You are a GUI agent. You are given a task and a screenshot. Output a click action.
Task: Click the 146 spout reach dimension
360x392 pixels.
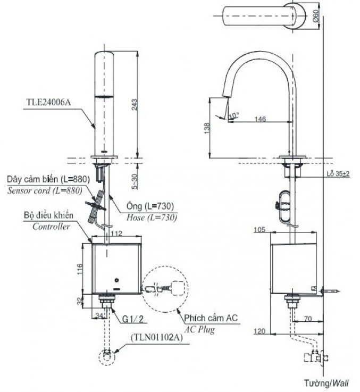coord(260,120)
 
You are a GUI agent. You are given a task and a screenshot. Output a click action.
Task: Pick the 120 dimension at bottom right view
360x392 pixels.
coord(259,331)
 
